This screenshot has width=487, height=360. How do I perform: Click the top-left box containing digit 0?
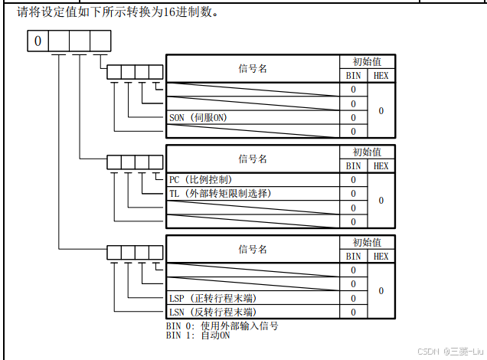click(38, 41)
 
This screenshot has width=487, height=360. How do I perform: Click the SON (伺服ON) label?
click(198, 117)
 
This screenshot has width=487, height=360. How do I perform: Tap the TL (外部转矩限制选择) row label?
click(220, 193)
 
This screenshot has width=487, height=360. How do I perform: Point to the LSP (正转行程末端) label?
click(212, 298)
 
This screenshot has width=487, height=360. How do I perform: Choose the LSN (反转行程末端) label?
click(212, 312)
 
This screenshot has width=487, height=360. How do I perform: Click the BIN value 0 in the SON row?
click(353, 117)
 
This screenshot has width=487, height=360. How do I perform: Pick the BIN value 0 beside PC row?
click(353, 179)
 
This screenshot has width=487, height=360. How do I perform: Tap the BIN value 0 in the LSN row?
click(353, 312)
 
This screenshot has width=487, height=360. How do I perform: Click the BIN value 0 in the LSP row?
click(353, 298)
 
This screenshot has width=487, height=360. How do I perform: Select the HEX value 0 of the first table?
click(381, 110)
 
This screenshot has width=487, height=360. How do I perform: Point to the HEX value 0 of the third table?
click(381, 291)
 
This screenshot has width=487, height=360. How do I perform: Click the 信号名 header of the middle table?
click(253, 159)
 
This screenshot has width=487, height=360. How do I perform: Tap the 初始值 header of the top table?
click(367, 62)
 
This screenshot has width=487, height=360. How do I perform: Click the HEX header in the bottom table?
click(381, 256)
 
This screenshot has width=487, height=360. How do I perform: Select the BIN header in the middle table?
click(353, 165)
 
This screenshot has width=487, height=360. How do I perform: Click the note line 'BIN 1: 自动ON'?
click(198, 335)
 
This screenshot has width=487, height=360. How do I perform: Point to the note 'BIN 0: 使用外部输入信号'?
click(222, 326)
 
